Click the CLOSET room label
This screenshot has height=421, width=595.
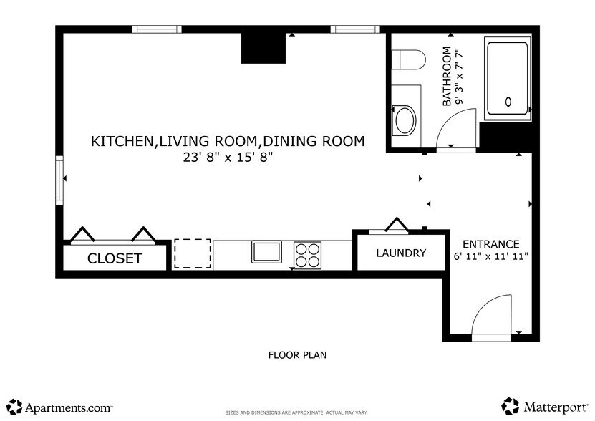click(x=115, y=258)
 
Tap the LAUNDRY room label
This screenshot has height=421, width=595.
click(x=401, y=253)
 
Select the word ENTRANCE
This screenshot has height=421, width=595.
click(x=490, y=243)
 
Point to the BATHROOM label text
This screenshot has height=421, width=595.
click(x=448, y=77)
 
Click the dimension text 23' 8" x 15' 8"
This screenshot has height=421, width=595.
click(x=227, y=158)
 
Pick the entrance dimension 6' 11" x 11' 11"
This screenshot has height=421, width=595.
click(x=490, y=256)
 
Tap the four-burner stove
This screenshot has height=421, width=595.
click(x=308, y=254)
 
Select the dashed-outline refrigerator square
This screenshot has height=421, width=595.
click(x=193, y=253)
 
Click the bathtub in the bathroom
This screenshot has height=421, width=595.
click(x=507, y=79)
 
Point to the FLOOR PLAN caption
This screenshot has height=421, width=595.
click(x=297, y=354)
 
